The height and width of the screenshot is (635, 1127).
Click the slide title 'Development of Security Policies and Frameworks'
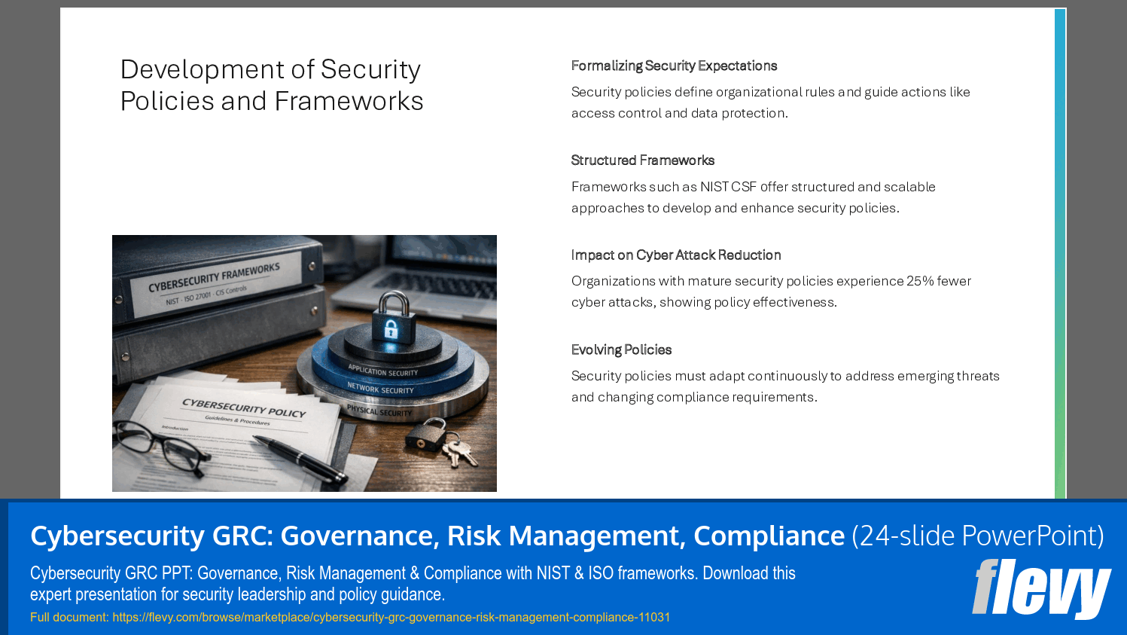[x=272, y=85]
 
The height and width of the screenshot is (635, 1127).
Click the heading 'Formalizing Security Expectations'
[x=674, y=66]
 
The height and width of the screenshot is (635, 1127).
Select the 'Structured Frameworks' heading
[x=642, y=160]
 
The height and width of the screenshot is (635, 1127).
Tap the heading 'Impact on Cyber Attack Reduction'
[x=675, y=255]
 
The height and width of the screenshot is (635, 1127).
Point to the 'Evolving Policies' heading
[x=621, y=350]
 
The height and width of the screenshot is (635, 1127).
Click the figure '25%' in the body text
[x=919, y=281]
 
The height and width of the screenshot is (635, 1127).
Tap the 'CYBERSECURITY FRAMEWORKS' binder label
[x=215, y=278]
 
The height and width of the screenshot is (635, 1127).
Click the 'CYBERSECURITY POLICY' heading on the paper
[x=244, y=408]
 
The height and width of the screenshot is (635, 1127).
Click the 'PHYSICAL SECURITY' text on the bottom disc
[x=379, y=411]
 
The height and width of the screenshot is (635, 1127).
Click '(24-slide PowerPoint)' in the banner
[x=977, y=536]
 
